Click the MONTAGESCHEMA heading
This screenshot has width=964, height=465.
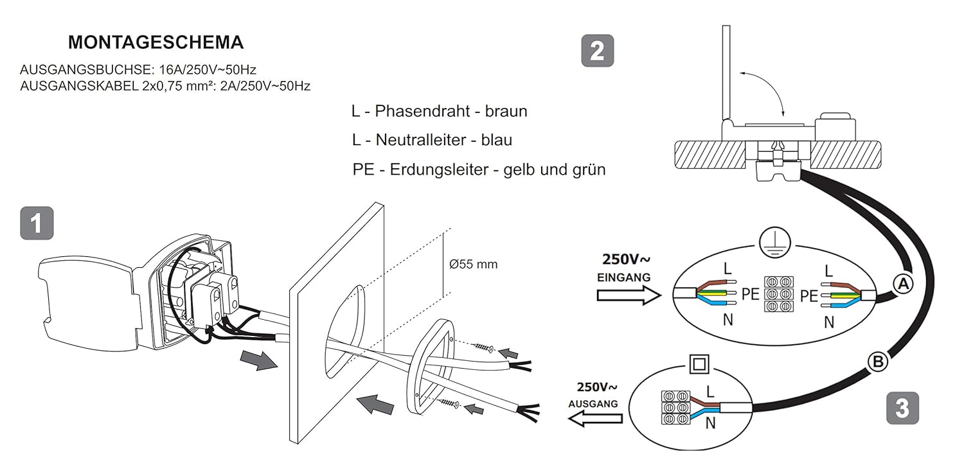point(156,42)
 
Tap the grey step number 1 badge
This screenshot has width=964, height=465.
point(37,223)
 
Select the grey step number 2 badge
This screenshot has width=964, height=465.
point(597,50)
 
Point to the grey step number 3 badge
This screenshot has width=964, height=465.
point(902,408)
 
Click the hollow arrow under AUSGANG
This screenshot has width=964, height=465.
point(594,419)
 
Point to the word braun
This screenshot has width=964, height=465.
point(506,110)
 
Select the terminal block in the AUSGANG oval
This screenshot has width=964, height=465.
point(676,407)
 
